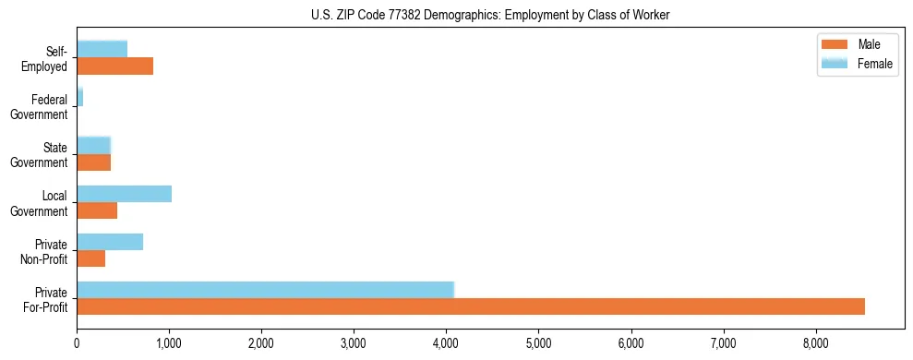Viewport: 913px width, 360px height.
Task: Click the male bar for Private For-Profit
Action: click(471, 306)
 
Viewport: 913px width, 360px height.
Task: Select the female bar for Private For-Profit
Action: click(265, 290)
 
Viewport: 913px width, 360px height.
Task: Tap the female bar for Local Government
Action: click(124, 194)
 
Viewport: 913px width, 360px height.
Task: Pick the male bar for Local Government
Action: click(97, 210)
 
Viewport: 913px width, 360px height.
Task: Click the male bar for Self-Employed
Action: click(114, 66)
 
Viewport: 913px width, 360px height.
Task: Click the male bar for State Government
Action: click(93, 162)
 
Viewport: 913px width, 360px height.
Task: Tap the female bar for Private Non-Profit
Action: click(110, 242)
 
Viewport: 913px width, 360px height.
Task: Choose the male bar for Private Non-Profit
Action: click(90, 258)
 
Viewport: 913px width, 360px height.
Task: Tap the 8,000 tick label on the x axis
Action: click(816, 343)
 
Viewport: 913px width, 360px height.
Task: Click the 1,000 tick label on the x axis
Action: click(169, 343)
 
